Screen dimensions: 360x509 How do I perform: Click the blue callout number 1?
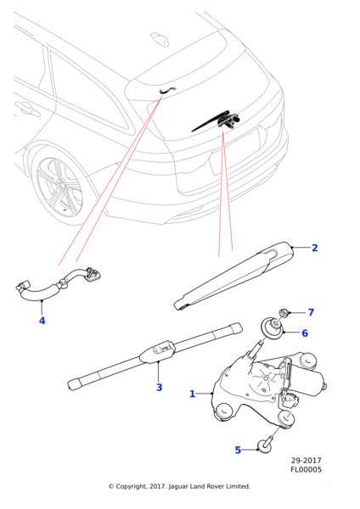193,394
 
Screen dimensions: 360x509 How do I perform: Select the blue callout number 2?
314,248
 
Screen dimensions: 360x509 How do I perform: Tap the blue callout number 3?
160,388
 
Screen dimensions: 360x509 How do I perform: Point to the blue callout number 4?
42,321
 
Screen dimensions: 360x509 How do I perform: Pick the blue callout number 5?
238,450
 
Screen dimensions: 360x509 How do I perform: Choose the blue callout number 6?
305,333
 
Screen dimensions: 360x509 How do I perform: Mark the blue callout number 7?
311,312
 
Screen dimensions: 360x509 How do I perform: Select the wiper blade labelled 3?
155,356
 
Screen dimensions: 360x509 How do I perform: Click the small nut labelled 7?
284,314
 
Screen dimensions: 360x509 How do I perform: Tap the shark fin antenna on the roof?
160,39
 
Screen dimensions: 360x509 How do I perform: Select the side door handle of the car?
28,109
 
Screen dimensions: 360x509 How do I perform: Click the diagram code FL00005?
306,469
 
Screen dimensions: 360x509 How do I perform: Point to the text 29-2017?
306,461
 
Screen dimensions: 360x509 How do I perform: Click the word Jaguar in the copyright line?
178,487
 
